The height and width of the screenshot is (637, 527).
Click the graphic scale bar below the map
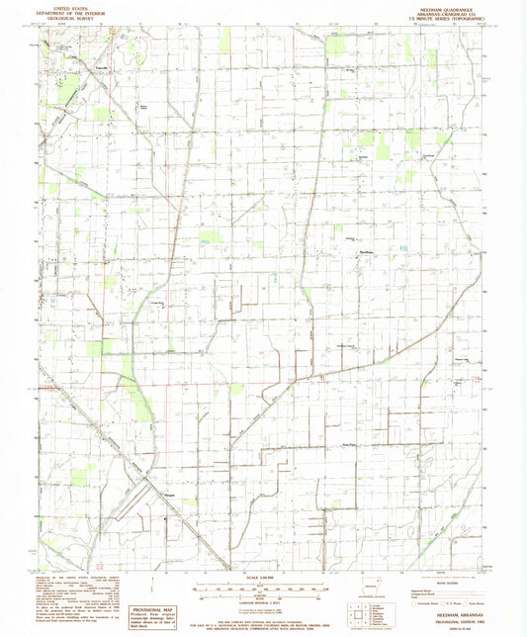tap(263, 590)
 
